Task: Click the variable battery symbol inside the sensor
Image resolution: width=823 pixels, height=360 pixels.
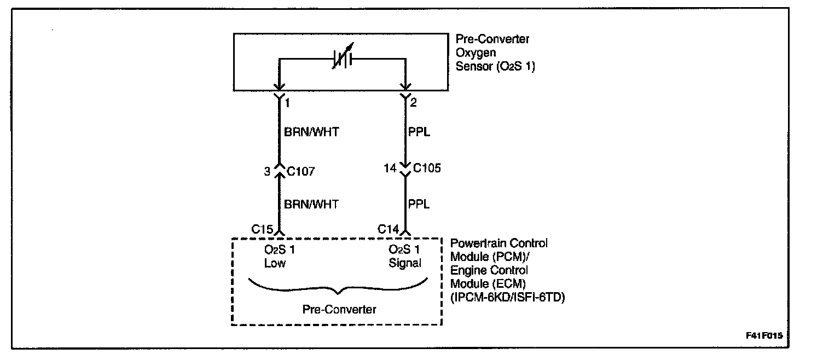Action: [342, 59]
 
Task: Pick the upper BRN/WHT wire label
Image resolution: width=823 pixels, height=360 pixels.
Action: [311, 132]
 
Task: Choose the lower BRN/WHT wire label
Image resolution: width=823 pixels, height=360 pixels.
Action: [311, 204]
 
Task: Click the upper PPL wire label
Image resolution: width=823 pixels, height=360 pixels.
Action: [419, 132]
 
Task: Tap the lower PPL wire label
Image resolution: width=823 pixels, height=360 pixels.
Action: [419, 204]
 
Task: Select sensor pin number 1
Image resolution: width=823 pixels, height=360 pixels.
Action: [288, 102]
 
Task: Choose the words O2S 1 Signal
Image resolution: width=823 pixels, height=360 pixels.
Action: [405, 257]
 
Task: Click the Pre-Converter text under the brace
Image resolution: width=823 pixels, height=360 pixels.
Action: [339, 310]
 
